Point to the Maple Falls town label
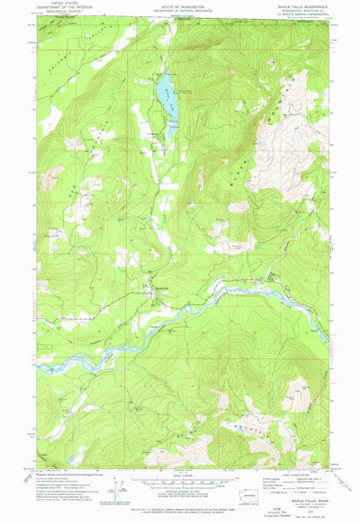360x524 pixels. [162, 287]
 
